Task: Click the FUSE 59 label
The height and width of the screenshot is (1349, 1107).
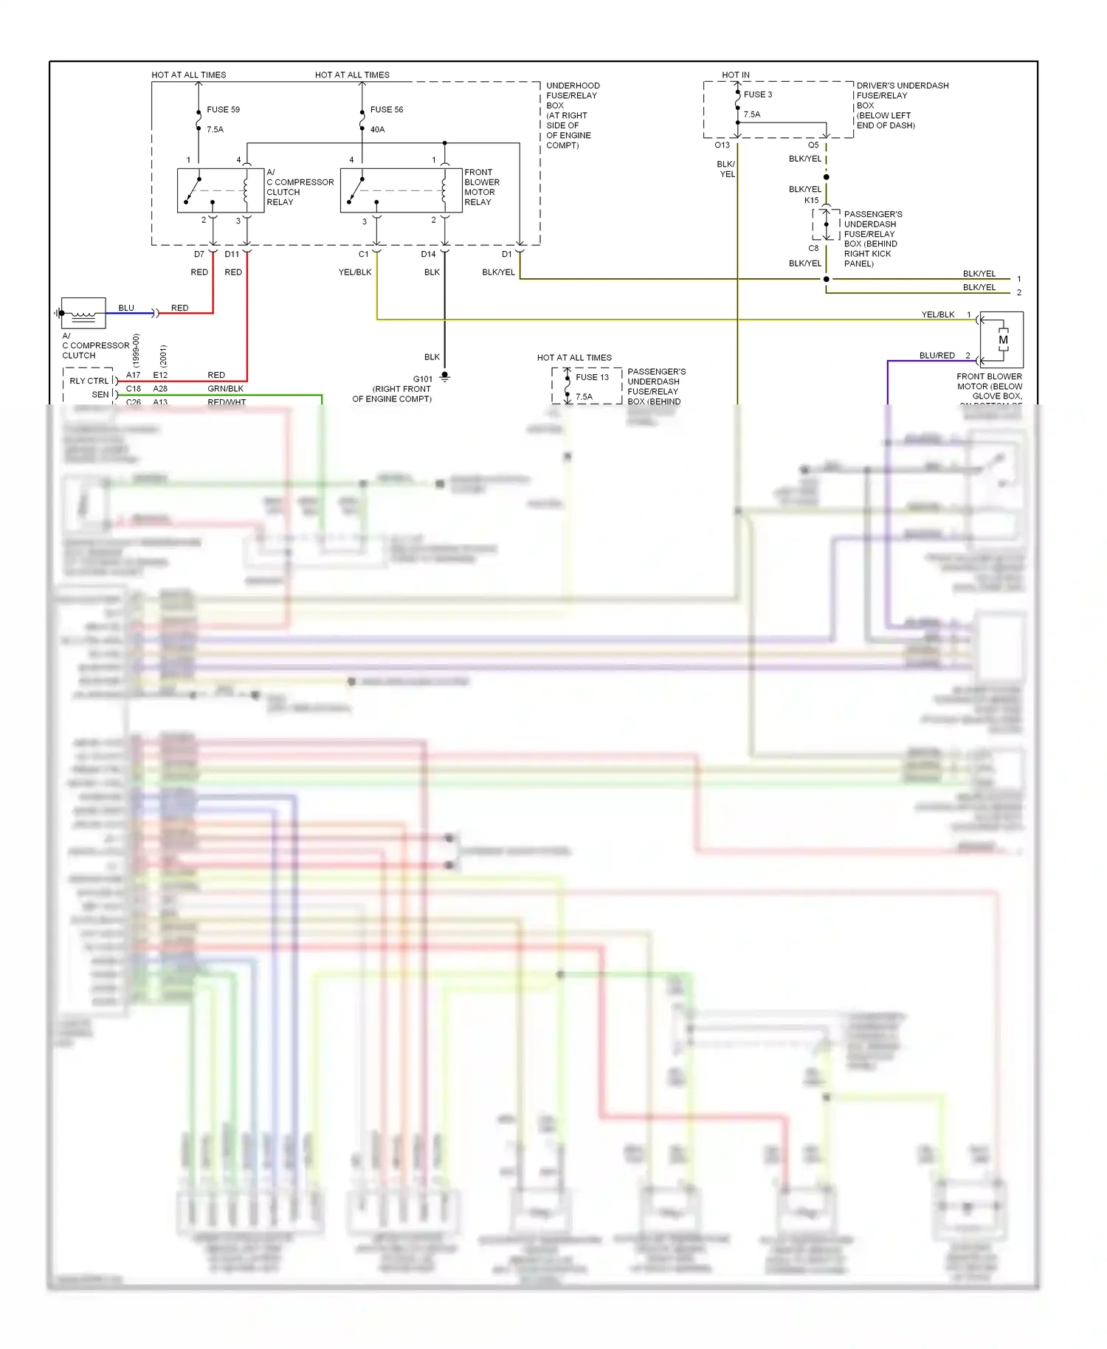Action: click(x=223, y=109)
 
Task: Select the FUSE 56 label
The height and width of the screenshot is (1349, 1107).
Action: click(x=387, y=109)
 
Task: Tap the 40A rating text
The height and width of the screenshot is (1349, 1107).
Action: click(x=377, y=129)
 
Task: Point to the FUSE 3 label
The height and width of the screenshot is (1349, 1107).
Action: click(x=758, y=94)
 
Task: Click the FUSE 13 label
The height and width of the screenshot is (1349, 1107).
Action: click(x=593, y=377)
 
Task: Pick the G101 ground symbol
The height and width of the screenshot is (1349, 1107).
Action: click(x=444, y=377)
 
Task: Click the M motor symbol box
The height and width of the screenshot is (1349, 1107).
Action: click(x=1003, y=340)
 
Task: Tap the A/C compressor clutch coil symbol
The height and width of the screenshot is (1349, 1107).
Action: click(x=83, y=313)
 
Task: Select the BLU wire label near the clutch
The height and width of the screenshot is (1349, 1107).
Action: click(x=126, y=308)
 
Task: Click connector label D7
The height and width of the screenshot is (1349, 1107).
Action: click(x=199, y=254)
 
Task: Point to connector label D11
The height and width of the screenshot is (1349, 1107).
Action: click(x=232, y=254)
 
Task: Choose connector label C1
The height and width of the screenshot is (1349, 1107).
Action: click(x=363, y=254)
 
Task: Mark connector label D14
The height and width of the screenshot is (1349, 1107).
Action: click(x=428, y=254)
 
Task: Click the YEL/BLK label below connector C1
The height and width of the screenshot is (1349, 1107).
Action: click(x=355, y=272)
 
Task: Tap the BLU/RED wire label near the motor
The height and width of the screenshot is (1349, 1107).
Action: click(x=937, y=356)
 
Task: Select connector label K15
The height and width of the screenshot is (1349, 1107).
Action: click(x=811, y=200)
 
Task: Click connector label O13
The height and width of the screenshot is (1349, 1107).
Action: click(x=722, y=145)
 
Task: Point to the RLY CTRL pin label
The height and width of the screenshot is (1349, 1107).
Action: click(x=89, y=381)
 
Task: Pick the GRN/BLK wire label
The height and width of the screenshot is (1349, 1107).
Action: click(x=225, y=389)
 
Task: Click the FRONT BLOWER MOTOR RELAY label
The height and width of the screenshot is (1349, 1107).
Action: click(x=482, y=187)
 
